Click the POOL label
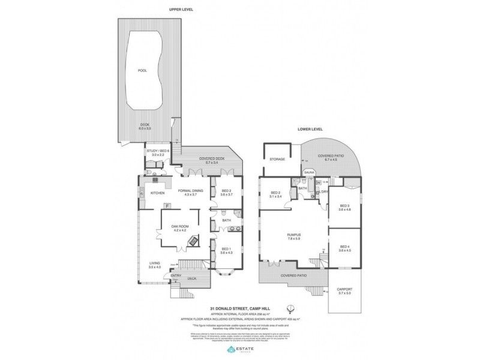click(142, 71)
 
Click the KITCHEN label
click(158, 193)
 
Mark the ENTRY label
click(176, 275)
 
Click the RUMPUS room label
click(293, 233)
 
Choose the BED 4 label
click(344, 247)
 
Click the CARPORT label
click(344, 290)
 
